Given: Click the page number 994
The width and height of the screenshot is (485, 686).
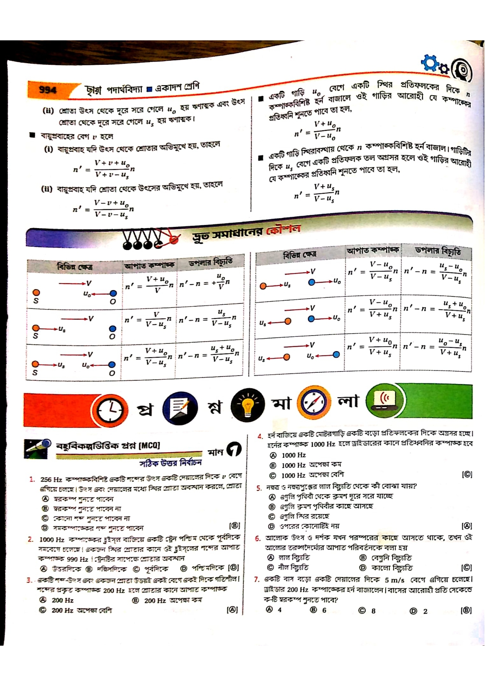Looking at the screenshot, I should tap(48, 90).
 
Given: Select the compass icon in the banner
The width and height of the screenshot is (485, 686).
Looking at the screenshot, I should tap(314, 402).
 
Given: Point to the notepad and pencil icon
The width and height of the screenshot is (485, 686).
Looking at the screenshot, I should tap(179, 408).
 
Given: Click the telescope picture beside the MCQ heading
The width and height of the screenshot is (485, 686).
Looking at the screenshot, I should tap(37, 448).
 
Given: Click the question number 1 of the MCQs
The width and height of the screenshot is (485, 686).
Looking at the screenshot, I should tap(32, 479).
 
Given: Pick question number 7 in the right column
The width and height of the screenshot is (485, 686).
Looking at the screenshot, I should tap(256, 579).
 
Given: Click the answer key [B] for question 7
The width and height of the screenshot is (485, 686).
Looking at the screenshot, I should tap(466, 610).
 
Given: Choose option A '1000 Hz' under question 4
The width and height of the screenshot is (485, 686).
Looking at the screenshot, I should tap(293, 455).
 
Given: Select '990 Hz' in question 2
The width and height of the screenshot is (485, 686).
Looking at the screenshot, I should tap(77, 559).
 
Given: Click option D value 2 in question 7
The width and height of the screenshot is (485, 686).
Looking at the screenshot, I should tap(425, 611).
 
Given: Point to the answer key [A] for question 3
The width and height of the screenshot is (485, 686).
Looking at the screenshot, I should tap(232, 610).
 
